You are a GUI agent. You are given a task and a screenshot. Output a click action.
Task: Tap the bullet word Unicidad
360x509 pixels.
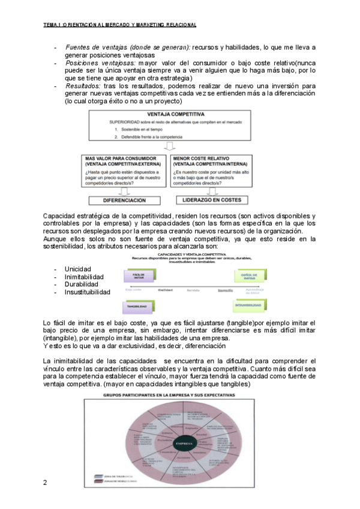click(x=78, y=269)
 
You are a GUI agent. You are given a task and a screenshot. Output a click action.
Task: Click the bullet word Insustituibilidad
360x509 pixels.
click(x=88, y=292)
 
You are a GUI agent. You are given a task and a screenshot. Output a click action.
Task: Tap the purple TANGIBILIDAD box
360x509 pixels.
click(x=137, y=306)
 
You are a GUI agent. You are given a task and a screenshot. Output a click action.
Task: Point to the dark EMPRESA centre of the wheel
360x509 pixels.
click(x=184, y=444)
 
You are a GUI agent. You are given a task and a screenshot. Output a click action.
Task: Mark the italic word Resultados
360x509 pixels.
click(x=83, y=86)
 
